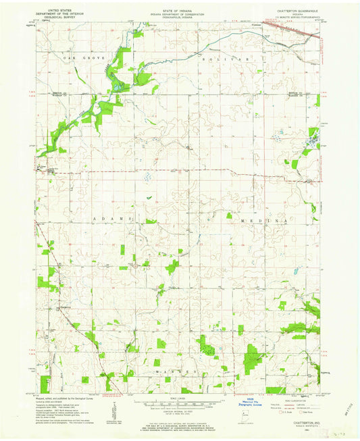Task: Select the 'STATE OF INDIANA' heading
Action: [x=180, y=6]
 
